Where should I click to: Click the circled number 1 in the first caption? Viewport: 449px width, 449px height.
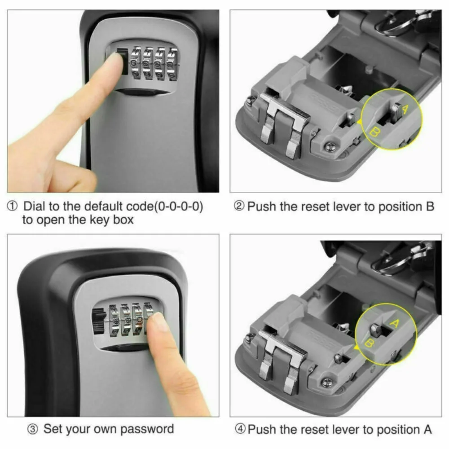pos(13,207)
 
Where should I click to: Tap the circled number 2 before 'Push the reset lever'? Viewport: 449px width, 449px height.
pos(240,207)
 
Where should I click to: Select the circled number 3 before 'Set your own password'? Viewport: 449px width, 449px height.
pos(32,429)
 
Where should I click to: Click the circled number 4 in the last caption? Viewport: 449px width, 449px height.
pos(240,429)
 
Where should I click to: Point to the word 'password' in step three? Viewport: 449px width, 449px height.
pos(147,429)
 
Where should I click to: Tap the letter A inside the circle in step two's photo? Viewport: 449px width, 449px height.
pos(405,109)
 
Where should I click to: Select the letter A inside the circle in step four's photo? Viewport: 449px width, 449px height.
pos(395,323)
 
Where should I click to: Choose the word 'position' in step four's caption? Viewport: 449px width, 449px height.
pos(395,429)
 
